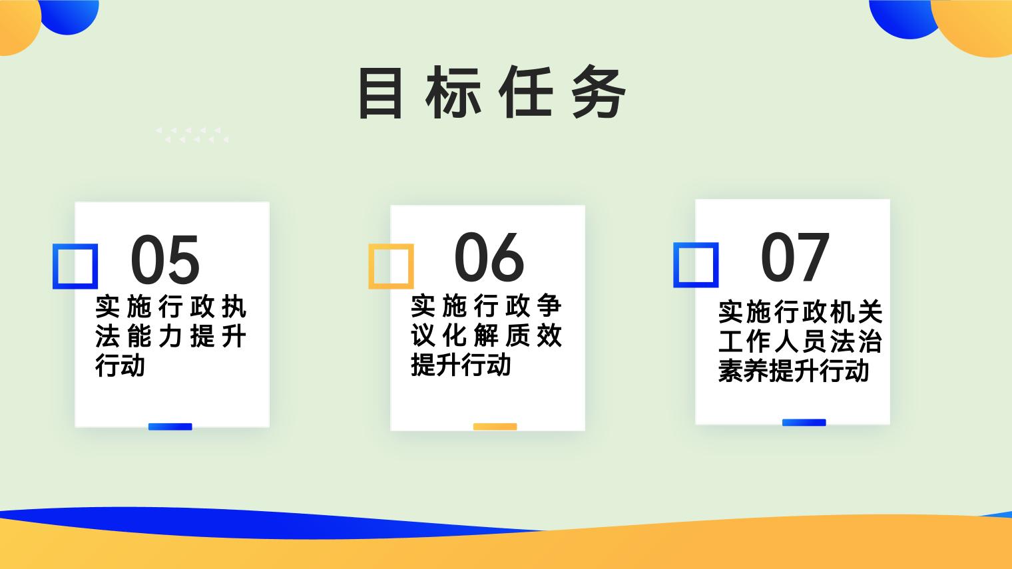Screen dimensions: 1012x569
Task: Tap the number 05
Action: pyautogui.click(x=165, y=260)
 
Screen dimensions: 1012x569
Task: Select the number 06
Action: pyautogui.click(x=489, y=257)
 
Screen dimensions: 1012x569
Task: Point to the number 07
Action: pyautogui.click(x=795, y=257)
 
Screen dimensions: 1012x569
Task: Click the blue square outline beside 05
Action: pyautogui.click(x=55, y=266)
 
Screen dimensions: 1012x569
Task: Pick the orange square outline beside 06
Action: pyautogui.click(x=371, y=266)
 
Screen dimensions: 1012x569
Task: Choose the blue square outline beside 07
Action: pyautogui.click(x=676, y=265)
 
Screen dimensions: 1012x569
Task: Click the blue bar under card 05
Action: pyautogui.click(x=170, y=427)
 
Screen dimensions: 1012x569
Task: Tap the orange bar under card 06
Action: pyautogui.click(x=495, y=427)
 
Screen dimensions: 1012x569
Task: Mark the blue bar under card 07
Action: pyautogui.click(x=804, y=423)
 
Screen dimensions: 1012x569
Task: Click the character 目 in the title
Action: pyautogui.click(x=380, y=93)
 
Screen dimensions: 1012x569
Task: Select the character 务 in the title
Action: pyautogui.click(x=599, y=93)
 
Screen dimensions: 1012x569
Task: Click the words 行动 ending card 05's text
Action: pyautogui.click(x=120, y=365)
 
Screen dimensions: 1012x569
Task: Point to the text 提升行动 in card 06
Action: pyautogui.click(x=461, y=365)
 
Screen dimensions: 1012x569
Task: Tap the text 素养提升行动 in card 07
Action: pyautogui.click(x=794, y=371)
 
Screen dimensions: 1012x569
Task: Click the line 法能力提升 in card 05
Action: pyautogui.click(x=170, y=337)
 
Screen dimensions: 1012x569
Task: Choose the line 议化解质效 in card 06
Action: pyautogui.click(x=486, y=335)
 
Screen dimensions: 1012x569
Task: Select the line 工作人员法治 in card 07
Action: pyautogui.click(x=800, y=341)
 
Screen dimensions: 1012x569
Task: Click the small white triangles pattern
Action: pyautogui.click(x=192, y=135)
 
